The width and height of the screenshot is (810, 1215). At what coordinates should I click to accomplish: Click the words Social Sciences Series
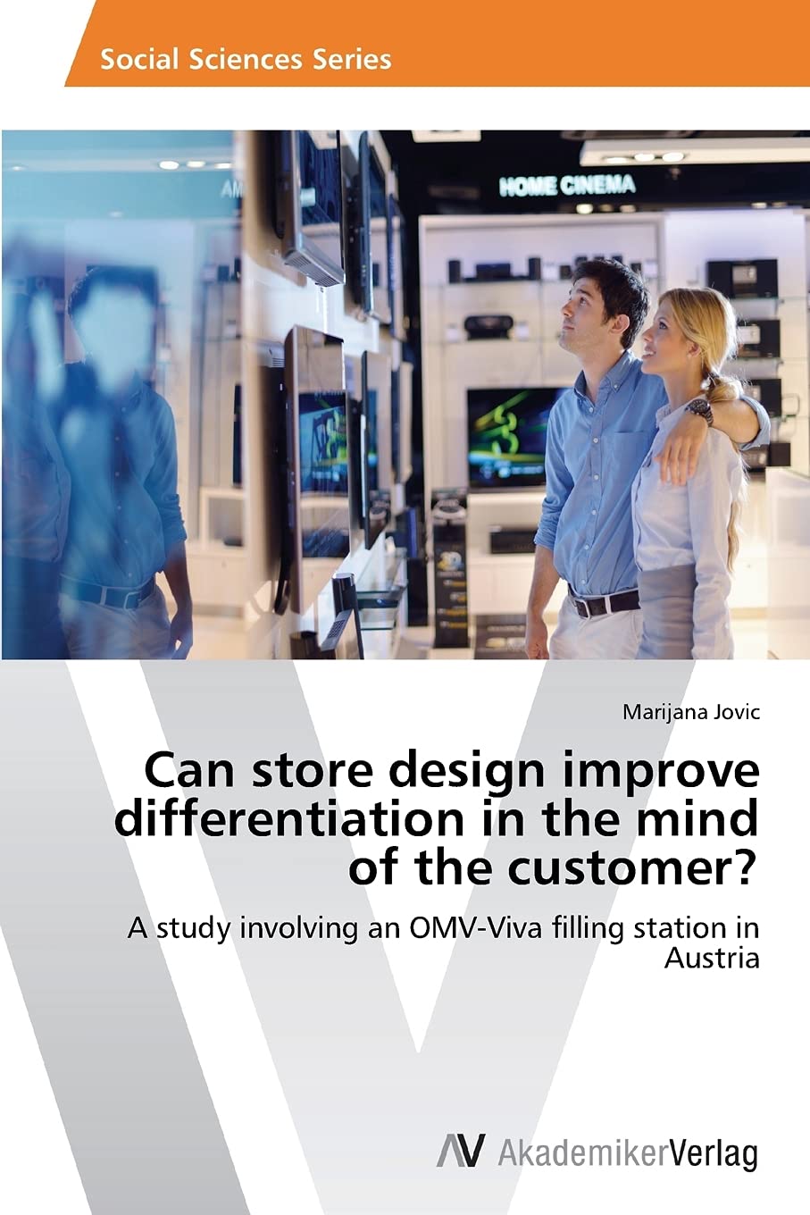246,59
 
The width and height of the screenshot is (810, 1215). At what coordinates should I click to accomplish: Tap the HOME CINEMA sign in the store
567,185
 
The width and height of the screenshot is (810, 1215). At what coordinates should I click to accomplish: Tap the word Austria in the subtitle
712,959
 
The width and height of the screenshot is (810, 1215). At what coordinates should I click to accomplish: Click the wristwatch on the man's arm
699,412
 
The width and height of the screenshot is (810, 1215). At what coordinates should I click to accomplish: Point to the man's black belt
605,602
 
